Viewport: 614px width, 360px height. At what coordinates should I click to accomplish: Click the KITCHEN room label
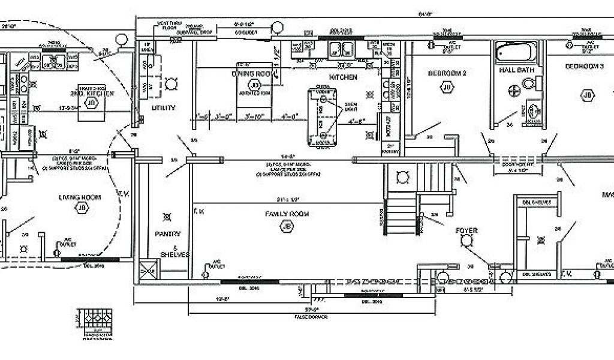tap(343, 77)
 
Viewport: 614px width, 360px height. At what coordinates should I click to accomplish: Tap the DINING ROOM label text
tap(252, 73)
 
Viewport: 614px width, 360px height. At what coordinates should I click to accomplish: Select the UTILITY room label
tap(163, 108)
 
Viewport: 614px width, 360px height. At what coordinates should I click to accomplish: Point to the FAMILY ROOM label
tap(286, 214)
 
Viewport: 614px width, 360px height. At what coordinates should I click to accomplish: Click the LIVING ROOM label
tap(79, 197)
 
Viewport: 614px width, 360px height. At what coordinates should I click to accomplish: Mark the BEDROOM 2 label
tap(447, 73)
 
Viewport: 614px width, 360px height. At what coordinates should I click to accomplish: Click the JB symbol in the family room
tap(286, 226)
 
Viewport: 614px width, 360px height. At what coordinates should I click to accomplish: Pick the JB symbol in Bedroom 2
tap(447, 88)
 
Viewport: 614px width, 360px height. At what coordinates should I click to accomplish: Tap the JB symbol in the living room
tap(81, 208)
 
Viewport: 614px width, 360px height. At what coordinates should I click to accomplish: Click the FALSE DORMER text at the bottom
tap(309, 316)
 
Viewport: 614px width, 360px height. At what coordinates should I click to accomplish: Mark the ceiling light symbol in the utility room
tap(171, 83)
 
